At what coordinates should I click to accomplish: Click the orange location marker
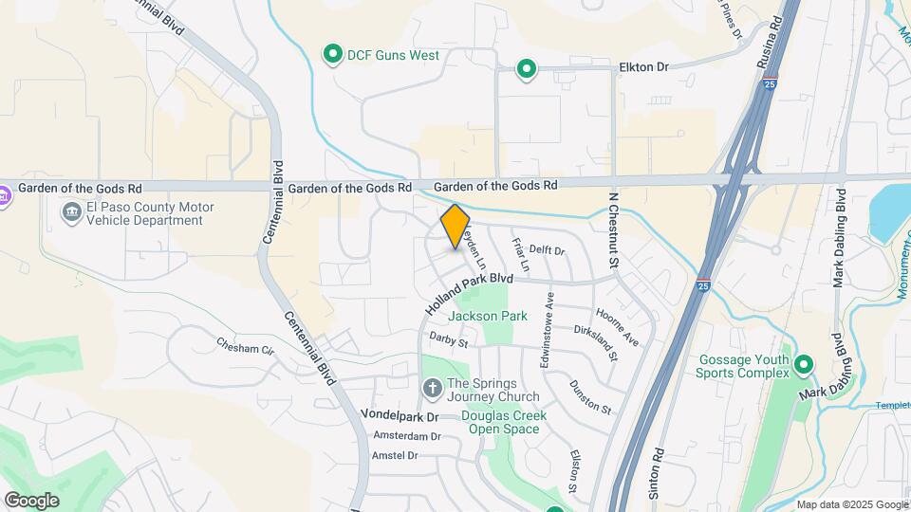[x=455, y=227]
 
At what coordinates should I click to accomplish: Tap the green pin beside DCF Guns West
[x=333, y=55]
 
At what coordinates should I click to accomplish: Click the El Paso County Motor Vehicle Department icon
[x=71, y=214]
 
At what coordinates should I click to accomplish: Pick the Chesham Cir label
[x=245, y=346]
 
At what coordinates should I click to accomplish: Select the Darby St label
[x=449, y=338]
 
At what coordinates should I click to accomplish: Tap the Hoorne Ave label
[x=618, y=325]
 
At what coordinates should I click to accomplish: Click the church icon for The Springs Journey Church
[x=432, y=388]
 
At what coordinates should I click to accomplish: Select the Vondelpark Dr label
[x=400, y=416]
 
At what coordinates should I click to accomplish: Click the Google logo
[x=31, y=500]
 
